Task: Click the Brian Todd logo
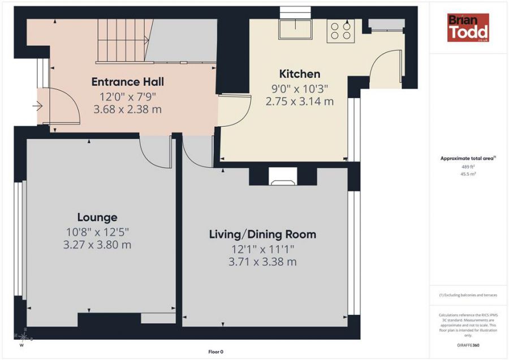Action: [468, 28]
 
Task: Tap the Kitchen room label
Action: [300, 74]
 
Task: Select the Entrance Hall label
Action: [128, 82]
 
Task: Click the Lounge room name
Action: [97, 217]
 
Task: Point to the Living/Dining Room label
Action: [262, 234]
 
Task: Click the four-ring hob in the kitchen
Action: [340, 31]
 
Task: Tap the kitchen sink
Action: [295, 29]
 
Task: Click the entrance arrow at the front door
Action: [38, 106]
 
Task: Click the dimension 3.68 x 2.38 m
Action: [128, 109]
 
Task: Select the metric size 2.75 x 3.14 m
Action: [300, 101]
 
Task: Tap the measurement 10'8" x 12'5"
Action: [97, 232]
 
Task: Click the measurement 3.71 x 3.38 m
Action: [262, 262]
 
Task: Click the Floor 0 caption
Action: [216, 352]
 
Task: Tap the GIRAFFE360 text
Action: [468, 345]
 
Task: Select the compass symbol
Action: [23, 338]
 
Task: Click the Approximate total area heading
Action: [468, 158]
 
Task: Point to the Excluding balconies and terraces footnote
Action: [468, 295]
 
